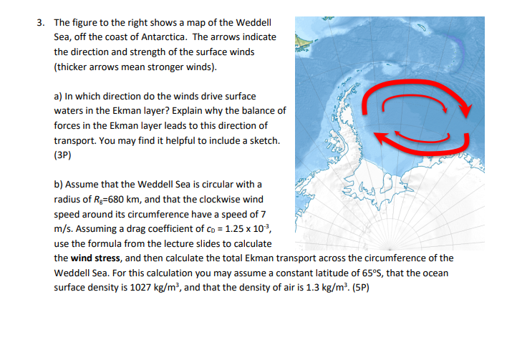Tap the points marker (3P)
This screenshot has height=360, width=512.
pos(64,153)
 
